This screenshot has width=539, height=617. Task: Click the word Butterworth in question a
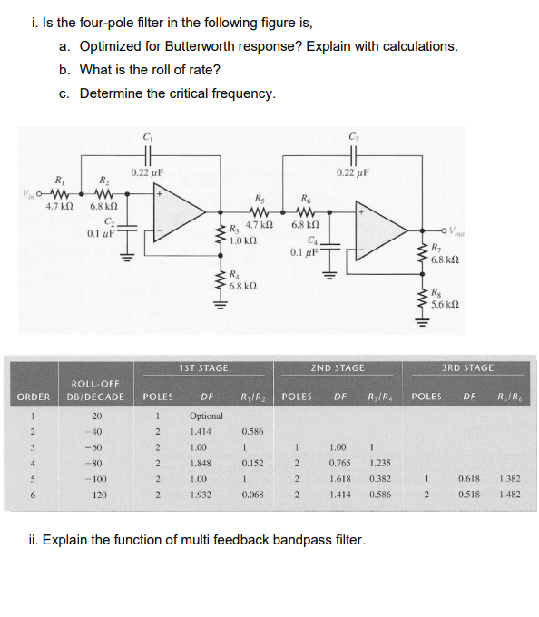point(295,45)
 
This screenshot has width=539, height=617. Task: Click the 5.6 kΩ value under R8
point(446,304)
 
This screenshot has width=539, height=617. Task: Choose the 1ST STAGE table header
point(205,367)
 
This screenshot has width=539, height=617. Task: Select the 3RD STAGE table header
point(469,367)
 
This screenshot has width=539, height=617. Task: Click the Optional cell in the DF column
point(206,415)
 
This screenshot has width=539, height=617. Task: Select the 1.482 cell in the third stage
point(509,498)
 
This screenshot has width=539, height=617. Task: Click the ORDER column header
point(33,397)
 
